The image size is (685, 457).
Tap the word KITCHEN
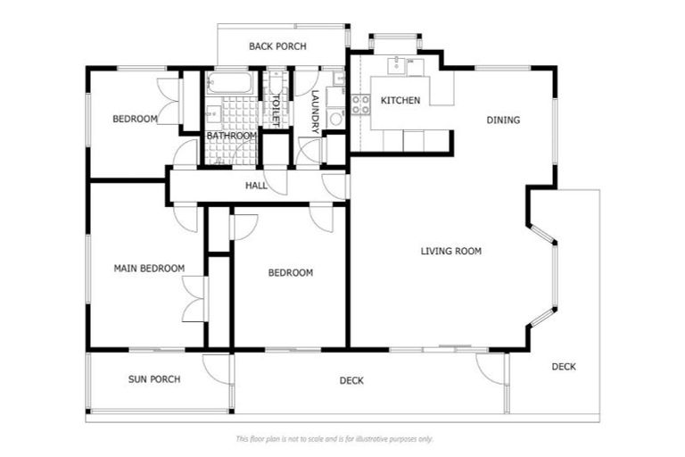pos(400,100)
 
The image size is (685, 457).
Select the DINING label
pos(503,120)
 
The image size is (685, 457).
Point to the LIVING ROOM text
pos(450,251)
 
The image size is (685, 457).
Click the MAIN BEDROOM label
pos(149,268)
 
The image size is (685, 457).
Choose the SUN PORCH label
pos(154,379)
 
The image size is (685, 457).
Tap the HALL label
pos(256,186)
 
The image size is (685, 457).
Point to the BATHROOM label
pos(231,136)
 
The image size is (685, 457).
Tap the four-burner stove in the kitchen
pos(360,104)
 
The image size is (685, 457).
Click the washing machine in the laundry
pos(335,117)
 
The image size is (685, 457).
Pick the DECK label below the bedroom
pos(351,381)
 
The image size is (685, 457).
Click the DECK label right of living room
pos(563,366)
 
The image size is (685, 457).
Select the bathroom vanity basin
pos(212,113)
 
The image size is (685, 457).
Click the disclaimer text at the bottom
pos(334,438)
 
